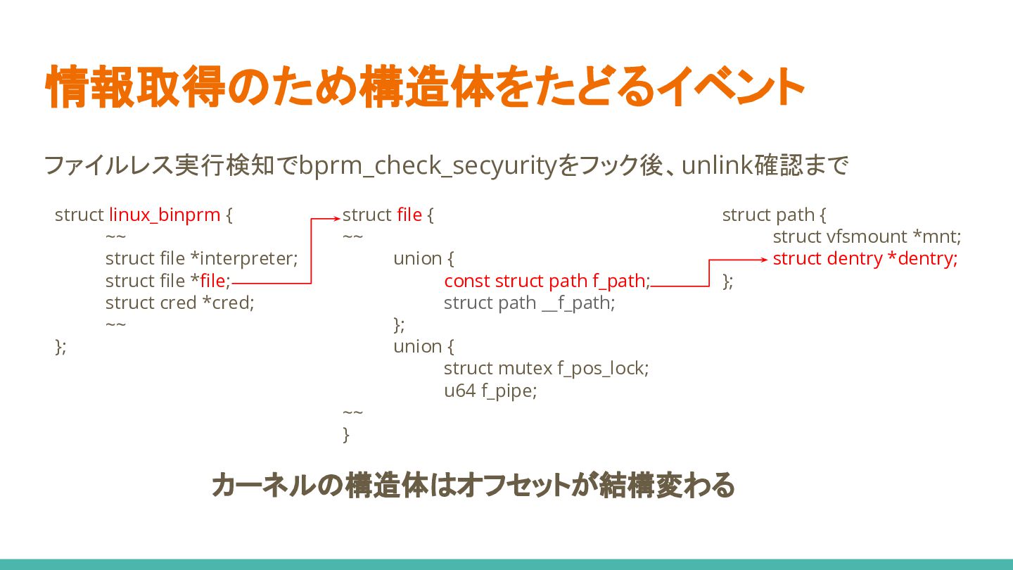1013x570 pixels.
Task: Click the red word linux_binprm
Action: click(x=165, y=215)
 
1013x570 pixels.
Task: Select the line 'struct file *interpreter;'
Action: click(x=202, y=259)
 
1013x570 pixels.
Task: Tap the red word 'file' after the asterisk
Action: click(x=212, y=281)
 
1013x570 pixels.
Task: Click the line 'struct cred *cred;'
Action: click(x=180, y=303)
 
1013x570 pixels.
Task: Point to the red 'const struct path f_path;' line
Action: click(x=547, y=281)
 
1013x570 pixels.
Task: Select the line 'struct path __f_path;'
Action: click(x=530, y=303)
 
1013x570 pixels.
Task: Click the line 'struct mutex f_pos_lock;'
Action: click(x=547, y=369)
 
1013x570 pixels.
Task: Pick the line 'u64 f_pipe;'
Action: click(x=490, y=391)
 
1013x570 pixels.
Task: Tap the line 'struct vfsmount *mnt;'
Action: click(x=867, y=236)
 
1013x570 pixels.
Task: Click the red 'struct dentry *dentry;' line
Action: click(x=865, y=259)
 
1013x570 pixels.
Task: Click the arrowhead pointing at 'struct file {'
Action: click(x=336, y=219)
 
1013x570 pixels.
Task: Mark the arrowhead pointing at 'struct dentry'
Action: click(x=765, y=260)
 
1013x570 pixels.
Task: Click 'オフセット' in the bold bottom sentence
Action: click(x=514, y=486)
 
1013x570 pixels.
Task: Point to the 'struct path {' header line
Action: click(x=775, y=215)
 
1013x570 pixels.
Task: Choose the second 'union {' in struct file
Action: click(x=423, y=346)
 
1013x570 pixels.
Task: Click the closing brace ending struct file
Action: click(x=346, y=435)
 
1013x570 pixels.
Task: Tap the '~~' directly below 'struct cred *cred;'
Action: click(x=115, y=324)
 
